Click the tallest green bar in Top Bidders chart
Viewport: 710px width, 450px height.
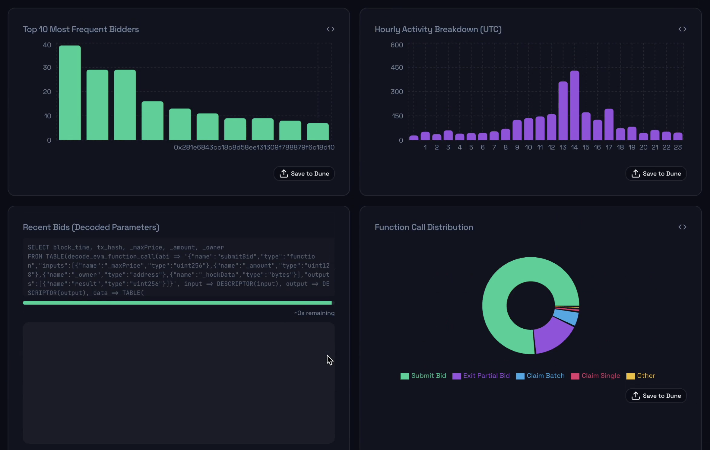[x=70, y=93]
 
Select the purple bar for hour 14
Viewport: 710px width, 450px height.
[x=574, y=105]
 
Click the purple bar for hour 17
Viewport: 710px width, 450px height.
[x=609, y=124]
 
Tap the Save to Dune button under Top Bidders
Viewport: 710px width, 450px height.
[x=304, y=174]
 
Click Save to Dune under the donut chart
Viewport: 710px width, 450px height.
[x=656, y=396]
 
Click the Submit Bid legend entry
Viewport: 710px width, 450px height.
[x=423, y=376]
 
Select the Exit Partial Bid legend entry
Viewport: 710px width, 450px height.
[x=481, y=376]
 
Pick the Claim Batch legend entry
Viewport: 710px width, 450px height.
[x=540, y=376]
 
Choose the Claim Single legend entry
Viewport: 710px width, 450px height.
[x=595, y=376]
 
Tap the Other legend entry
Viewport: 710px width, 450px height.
[x=641, y=376]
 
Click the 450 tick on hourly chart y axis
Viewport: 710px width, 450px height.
[x=397, y=67]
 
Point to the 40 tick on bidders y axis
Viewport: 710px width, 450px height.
[x=47, y=45]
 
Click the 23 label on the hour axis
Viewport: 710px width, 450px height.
[x=678, y=147]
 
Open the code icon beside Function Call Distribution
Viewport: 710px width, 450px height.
[x=682, y=227]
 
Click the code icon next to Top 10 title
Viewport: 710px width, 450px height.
[x=330, y=29]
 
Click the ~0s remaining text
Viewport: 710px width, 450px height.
[x=314, y=313]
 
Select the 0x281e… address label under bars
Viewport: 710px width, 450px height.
[x=254, y=147]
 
